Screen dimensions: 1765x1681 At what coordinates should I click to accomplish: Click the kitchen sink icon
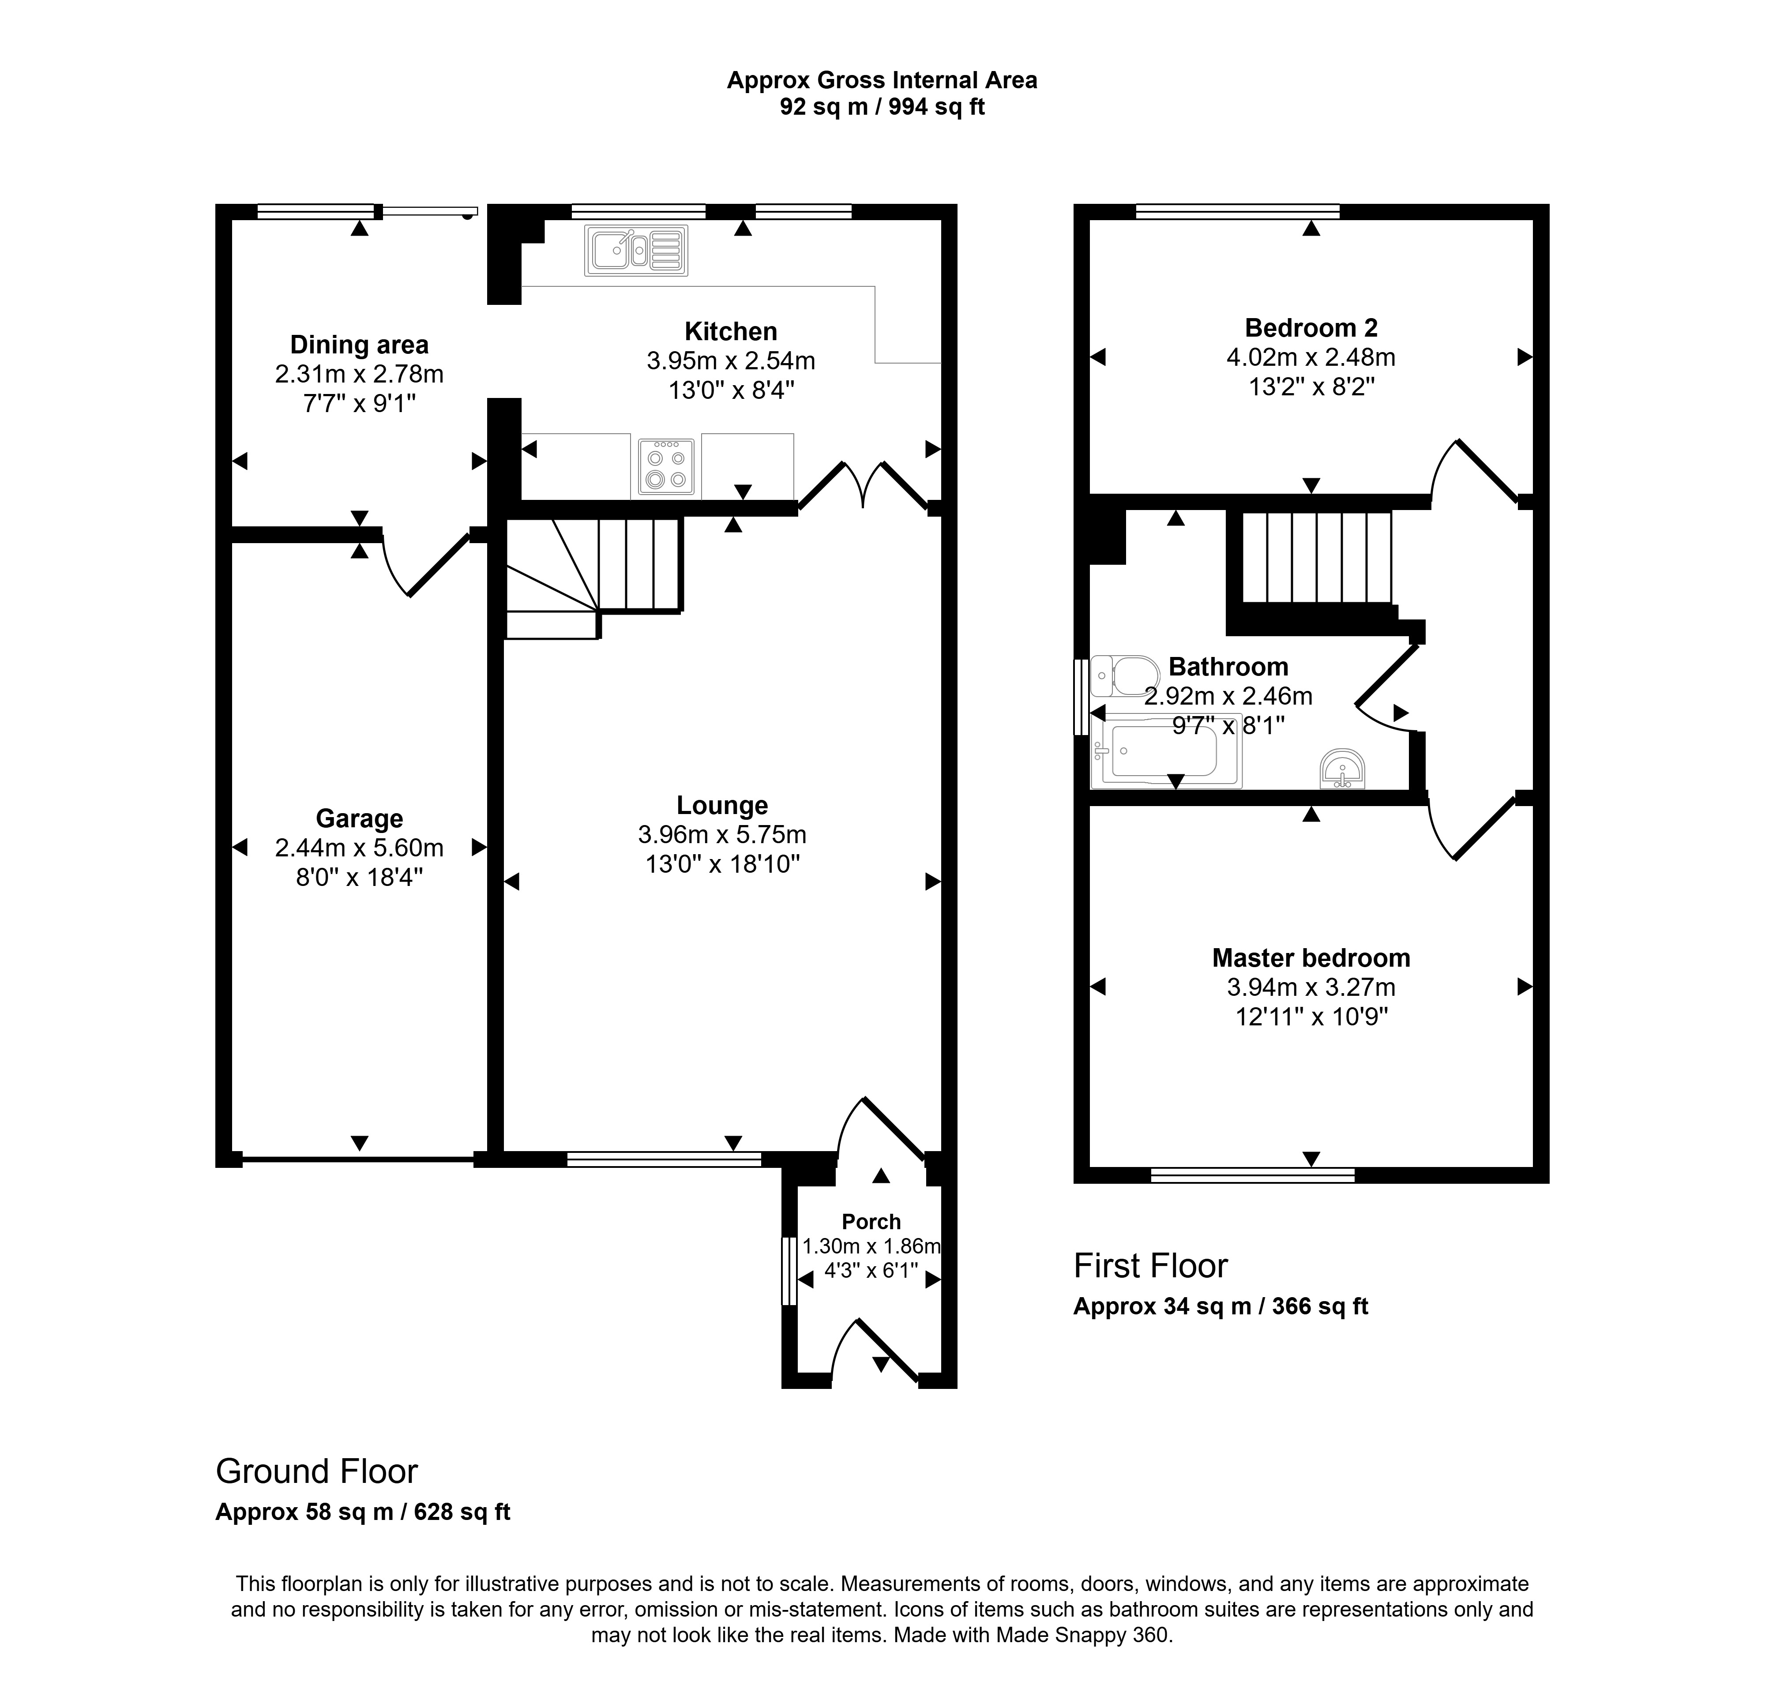coord(636,250)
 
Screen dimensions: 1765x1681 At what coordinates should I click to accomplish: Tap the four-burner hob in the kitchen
coord(666,467)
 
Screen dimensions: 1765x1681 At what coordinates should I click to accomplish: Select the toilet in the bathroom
coord(1124,675)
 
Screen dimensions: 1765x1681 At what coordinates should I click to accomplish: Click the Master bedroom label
coord(1311,958)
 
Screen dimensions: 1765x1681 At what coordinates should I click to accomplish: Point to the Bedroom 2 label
coord(1311,328)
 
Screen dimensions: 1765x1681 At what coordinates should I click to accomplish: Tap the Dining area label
coord(359,345)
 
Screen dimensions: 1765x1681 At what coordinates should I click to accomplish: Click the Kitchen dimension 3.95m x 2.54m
coord(731,361)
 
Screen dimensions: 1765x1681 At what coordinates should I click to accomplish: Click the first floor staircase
coord(1316,557)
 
